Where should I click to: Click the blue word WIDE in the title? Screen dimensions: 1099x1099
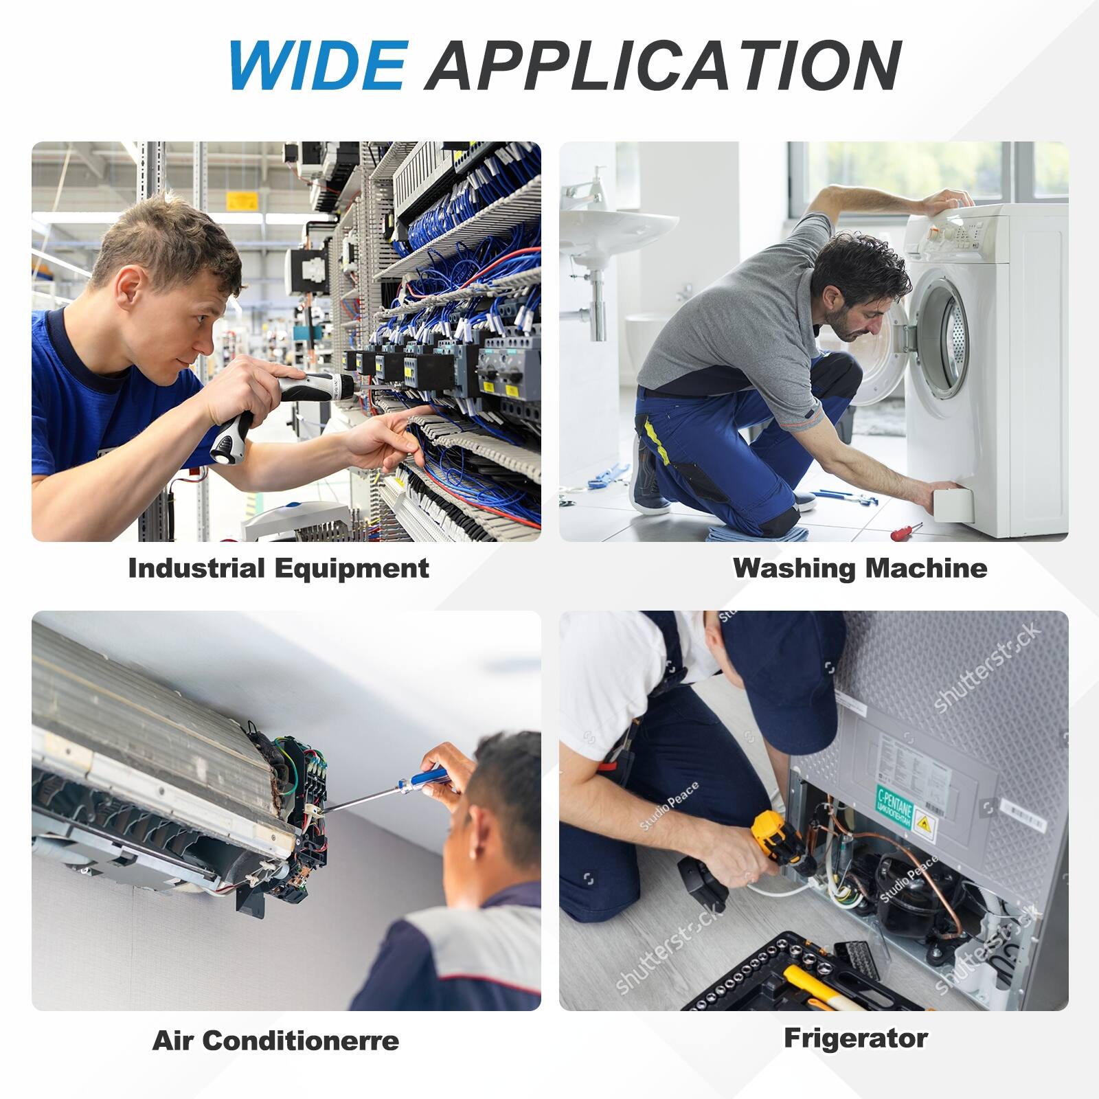point(317,65)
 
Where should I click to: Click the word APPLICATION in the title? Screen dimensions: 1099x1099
point(663,65)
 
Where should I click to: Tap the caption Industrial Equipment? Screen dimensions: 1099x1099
point(278,568)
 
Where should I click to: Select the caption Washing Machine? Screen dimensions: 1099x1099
point(859,568)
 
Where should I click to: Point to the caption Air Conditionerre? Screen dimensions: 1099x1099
point(275,1040)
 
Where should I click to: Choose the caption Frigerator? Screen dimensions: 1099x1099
point(856,1038)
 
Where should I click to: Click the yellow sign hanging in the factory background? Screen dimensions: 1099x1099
point(242,200)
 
